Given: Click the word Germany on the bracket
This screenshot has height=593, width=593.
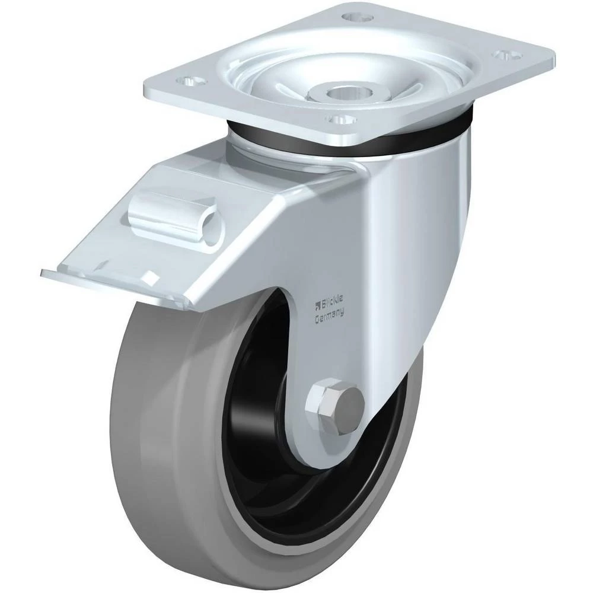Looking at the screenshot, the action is coord(330,316).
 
